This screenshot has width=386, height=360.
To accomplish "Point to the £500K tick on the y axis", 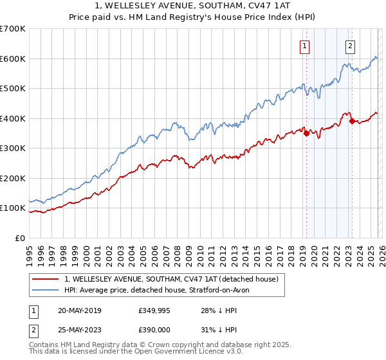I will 13,89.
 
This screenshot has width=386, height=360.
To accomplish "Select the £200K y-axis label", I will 13,178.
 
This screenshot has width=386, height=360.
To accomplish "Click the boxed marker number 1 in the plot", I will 304,46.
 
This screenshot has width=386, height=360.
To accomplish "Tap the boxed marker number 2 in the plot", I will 350,46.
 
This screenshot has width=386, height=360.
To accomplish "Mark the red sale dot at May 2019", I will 306,133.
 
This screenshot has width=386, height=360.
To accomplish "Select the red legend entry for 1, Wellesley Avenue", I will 171,279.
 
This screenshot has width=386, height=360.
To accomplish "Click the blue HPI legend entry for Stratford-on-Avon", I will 161,290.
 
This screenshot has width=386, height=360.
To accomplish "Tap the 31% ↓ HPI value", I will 222,328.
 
